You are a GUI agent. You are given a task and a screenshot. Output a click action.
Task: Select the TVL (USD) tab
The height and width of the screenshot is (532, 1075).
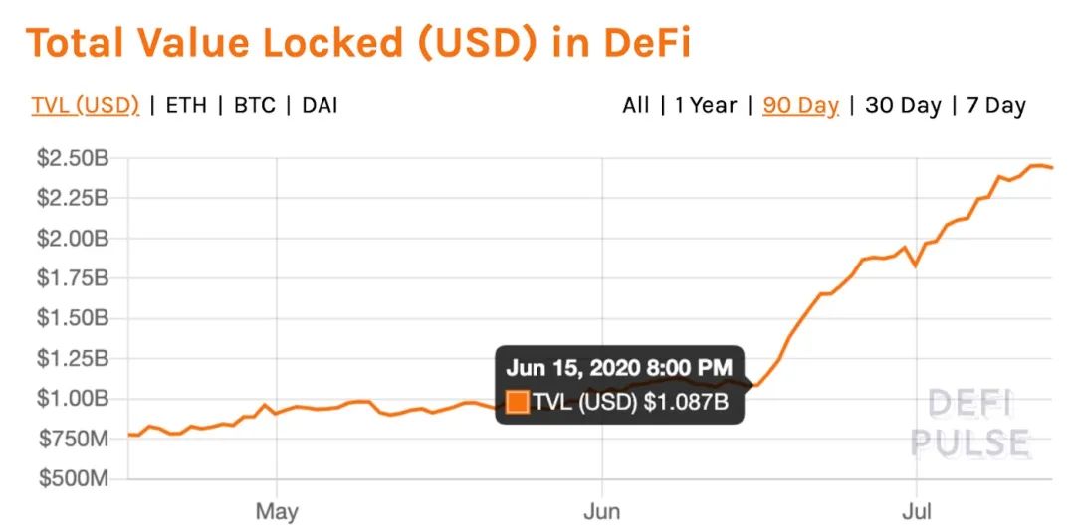[x=85, y=105]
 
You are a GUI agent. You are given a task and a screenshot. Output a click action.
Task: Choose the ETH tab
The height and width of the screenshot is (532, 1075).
[x=186, y=105]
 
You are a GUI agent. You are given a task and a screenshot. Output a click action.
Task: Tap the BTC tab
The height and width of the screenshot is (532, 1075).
[x=255, y=105]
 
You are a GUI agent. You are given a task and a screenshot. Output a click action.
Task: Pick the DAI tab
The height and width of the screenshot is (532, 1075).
[x=319, y=105]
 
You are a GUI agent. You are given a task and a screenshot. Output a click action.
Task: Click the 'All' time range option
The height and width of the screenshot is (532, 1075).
[x=635, y=105]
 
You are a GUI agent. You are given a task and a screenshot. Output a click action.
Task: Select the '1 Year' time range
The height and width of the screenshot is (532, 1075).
[x=705, y=105]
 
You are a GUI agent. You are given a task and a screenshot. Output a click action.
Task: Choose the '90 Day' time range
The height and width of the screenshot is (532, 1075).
[x=800, y=105]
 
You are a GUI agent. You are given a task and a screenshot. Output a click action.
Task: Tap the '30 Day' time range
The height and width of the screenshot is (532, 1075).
[x=903, y=105]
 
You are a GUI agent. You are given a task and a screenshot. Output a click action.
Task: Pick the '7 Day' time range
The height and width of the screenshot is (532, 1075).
[x=994, y=105]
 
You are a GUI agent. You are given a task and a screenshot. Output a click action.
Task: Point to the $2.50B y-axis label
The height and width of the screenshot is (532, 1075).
[x=71, y=157]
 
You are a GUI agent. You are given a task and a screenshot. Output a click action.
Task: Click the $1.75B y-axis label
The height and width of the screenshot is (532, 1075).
[x=71, y=278]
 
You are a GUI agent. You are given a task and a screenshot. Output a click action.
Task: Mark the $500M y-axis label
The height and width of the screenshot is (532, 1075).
[x=71, y=479]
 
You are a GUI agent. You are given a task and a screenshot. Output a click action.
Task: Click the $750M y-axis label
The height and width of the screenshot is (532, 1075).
[x=71, y=439]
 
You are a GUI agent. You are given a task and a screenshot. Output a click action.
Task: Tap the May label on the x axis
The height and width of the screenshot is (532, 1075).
[x=277, y=512]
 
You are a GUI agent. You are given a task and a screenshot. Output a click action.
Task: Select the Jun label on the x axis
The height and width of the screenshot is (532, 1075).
[x=600, y=512]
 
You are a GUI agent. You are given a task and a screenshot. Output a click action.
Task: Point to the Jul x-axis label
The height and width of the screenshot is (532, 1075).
[x=916, y=512]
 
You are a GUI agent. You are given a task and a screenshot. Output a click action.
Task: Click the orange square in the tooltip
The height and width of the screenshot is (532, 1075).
[x=518, y=403]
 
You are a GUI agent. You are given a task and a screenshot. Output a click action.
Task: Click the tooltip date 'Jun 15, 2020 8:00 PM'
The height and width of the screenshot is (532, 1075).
[x=618, y=367]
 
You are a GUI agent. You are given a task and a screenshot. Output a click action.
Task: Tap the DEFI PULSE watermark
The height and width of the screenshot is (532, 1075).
[x=970, y=423]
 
